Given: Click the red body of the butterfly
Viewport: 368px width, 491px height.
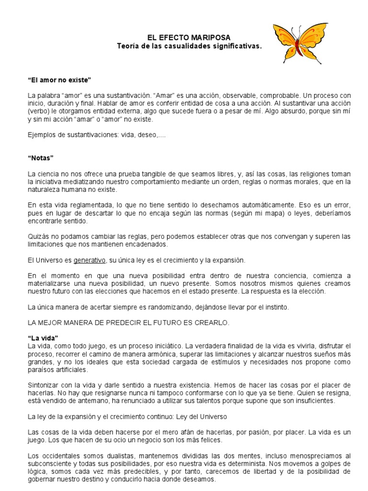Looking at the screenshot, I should [298, 47].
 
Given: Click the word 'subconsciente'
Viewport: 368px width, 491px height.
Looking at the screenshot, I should [49, 465].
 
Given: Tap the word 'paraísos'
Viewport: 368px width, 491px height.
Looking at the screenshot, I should [43, 370].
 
